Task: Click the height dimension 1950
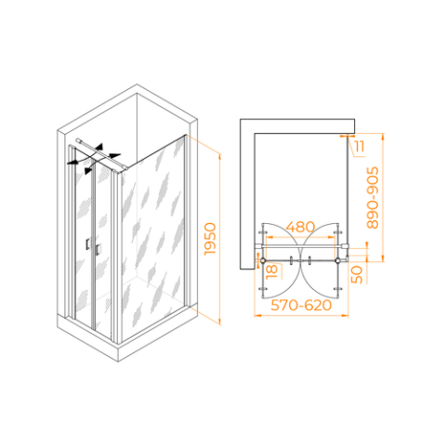210,239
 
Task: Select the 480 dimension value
300,227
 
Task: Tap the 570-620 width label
301,306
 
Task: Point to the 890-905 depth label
373,198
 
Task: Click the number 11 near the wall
360,146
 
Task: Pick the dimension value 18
271,271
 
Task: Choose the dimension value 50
357,274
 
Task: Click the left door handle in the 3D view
88,243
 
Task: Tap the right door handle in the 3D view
98,249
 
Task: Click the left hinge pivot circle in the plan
263,260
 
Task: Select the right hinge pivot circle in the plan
337,260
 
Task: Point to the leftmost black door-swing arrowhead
72,162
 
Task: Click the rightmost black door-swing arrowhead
115,155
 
